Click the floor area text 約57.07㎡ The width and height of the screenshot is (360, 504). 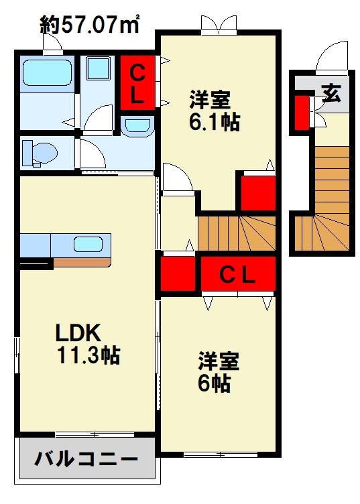point(89,24)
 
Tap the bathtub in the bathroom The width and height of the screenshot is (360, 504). point(47,72)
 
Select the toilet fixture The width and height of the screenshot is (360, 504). point(39,153)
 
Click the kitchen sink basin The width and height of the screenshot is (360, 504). point(88,245)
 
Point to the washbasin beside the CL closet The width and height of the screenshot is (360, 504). point(137,125)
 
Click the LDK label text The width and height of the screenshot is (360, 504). point(78,332)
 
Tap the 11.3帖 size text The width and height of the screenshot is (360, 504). point(88,355)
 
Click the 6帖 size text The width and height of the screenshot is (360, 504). point(214,383)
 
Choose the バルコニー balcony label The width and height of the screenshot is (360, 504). point(86,458)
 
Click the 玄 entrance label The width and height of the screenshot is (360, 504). point(331,93)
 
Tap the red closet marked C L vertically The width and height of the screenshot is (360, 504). point(137,82)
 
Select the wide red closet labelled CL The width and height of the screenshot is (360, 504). point(238,274)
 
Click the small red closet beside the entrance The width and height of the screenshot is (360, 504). point(302,113)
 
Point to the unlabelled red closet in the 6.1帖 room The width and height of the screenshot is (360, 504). point(258,193)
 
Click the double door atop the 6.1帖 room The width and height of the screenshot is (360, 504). point(219,24)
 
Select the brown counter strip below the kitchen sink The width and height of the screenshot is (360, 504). point(82,262)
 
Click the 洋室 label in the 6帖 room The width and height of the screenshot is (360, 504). point(219,361)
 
